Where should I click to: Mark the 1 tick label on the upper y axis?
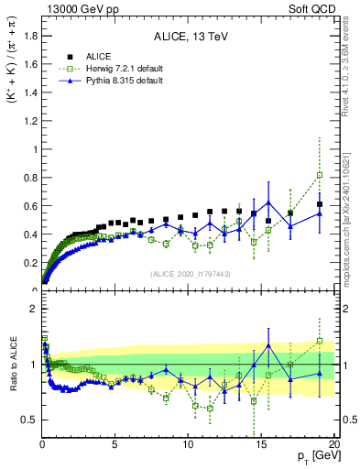pyautogui.click(x=32, y=149)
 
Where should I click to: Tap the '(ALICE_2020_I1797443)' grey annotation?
pyautogui.click(x=190, y=273)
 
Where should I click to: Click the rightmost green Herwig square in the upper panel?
pyautogui.click(x=319, y=175)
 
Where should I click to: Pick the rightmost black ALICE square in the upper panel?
pyautogui.click(x=319, y=204)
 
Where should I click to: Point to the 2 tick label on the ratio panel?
pyautogui.click(x=32, y=309)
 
